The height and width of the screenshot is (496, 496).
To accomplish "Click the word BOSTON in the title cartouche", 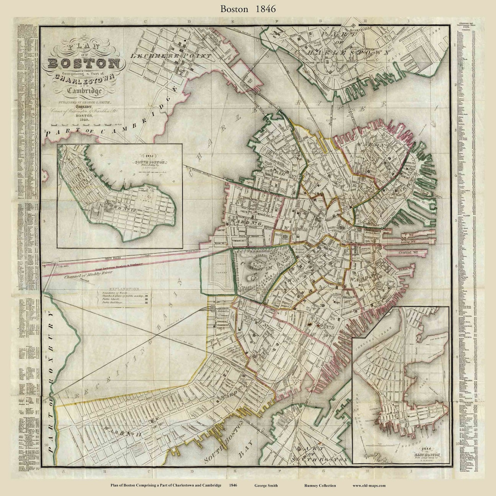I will point(84,63).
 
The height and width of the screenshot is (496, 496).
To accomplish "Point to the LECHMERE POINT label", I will point(171,56).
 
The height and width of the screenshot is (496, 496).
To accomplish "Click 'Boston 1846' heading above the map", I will point(248,9).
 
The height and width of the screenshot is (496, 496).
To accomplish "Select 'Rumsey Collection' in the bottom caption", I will point(320,485).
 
